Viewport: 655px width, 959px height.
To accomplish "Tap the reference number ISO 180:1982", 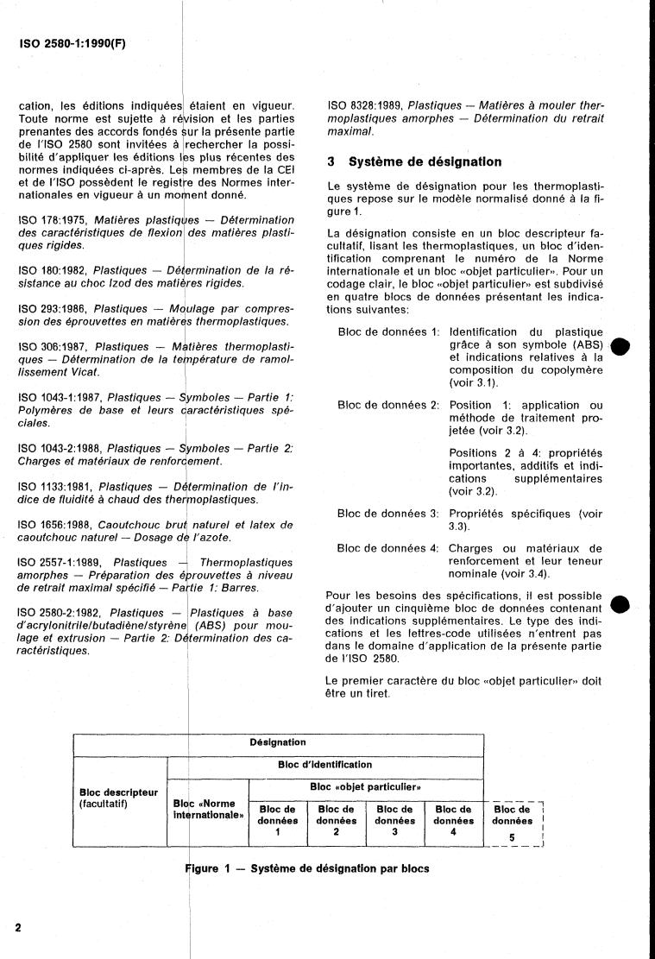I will [x=54, y=271].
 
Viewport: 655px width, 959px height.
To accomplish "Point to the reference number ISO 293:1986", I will [x=54, y=309].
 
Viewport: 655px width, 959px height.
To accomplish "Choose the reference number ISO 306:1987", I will [x=54, y=346].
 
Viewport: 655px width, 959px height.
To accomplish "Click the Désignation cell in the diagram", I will [x=278, y=741].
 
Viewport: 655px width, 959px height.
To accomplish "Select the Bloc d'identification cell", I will [x=324, y=764].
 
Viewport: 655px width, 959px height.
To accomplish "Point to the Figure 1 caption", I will [x=308, y=869].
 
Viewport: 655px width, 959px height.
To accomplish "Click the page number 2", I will [x=19, y=927].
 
